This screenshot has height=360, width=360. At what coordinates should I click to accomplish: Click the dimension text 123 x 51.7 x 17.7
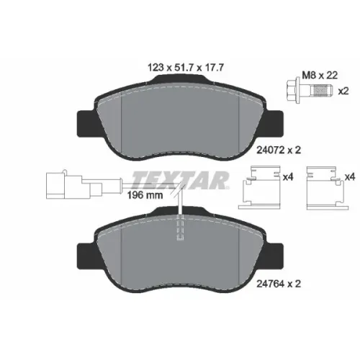(x=186, y=68)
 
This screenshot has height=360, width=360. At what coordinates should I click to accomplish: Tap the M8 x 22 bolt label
(x=320, y=76)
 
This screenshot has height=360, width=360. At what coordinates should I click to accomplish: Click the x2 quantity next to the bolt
(x=343, y=91)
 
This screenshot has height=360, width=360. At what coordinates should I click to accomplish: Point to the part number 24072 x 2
(x=279, y=150)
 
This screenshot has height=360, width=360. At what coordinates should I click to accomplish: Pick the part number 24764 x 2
(x=279, y=284)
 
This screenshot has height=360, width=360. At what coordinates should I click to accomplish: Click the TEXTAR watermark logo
(x=180, y=180)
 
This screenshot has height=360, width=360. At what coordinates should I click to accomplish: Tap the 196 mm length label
(x=145, y=195)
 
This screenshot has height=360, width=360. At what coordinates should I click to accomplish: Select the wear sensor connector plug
(x=74, y=184)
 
